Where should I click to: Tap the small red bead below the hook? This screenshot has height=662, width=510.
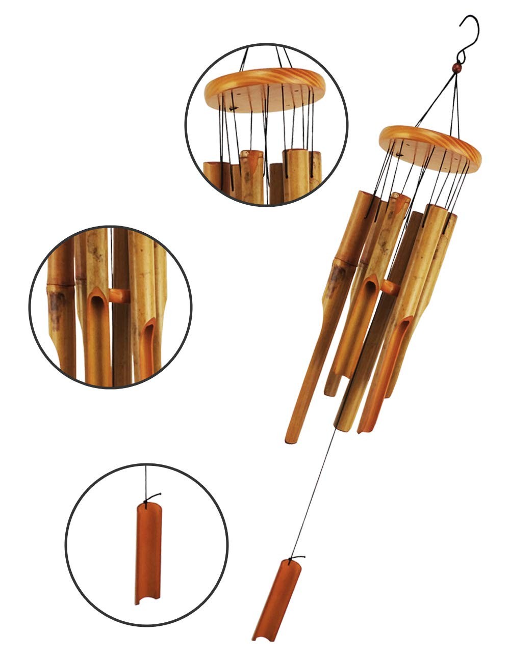[x=457, y=67]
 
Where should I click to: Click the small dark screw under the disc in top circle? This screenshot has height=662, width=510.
[x=233, y=108]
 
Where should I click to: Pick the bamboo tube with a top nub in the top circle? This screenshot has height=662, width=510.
[x=252, y=173]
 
